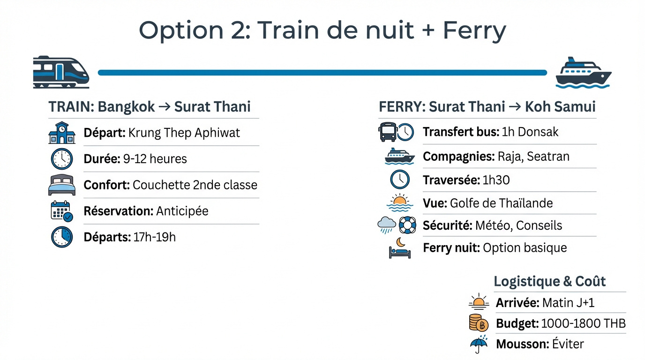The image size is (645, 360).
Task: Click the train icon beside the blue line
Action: [61, 72]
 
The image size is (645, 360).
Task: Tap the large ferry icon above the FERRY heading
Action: [584, 73]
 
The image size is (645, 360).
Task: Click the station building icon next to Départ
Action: [62, 133]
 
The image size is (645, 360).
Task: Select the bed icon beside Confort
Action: [62, 185]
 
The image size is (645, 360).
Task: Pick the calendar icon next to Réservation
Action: [61, 211]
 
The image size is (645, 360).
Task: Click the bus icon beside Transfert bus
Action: [388, 132]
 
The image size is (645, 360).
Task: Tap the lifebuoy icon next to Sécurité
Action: [407, 225]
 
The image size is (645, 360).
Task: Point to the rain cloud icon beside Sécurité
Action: [386, 225]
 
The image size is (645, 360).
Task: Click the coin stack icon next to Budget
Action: [479, 323]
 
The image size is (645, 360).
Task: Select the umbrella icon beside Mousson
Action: [479, 344]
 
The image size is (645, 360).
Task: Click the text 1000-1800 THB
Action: [584, 323]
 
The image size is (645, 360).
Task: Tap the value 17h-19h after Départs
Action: [155, 237]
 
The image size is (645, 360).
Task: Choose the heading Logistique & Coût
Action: [550, 281]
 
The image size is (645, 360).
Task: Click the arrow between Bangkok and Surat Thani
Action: [165, 107]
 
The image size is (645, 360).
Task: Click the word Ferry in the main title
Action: [474, 30]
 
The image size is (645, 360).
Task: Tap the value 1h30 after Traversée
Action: [496, 180]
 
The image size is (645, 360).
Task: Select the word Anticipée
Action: [182, 211]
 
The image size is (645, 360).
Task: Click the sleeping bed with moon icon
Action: [400, 248]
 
